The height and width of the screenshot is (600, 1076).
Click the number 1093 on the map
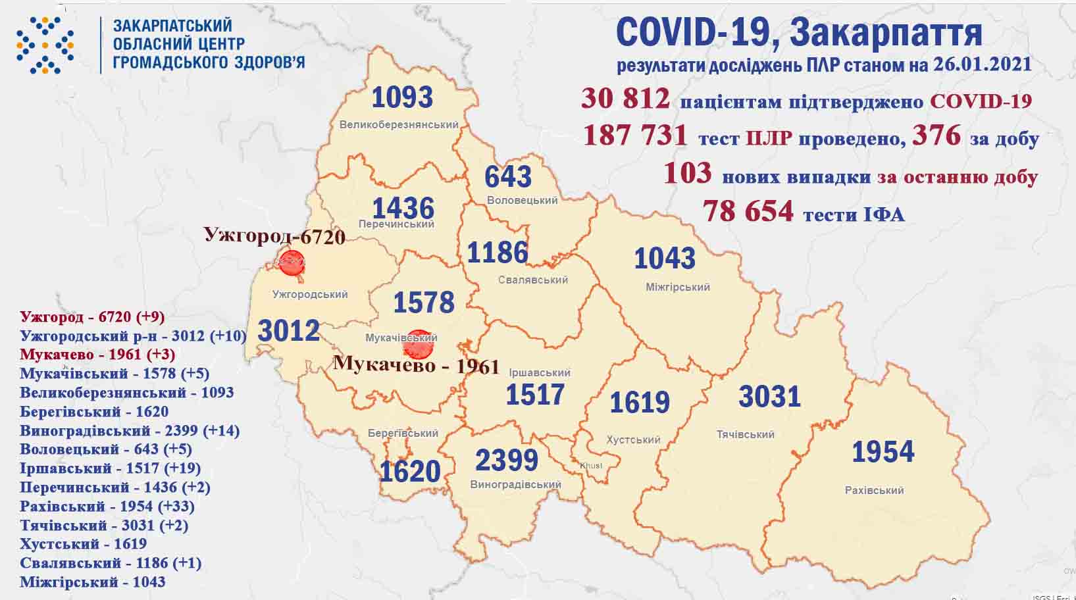click(402, 97)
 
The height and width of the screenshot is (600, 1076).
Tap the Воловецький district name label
click(523, 200)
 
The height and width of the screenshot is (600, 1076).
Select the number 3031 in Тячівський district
click(769, 397)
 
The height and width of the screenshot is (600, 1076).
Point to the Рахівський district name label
click(874, 490)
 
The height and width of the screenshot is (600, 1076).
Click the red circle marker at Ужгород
click(290, 262)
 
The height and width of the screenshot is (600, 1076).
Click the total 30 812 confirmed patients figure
click(625, 99)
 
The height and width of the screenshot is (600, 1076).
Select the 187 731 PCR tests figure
click(635, 136)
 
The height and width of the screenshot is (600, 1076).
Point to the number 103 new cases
click(687, 174)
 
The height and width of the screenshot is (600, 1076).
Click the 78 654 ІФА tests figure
click(748, 211)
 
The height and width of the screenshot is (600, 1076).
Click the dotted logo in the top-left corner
click(45, 45)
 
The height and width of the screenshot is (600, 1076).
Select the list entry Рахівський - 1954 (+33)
click(107, 507)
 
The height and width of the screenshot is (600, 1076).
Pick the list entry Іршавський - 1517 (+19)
click(110, 468)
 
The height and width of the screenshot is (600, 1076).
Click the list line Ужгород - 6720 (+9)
click(92, 317)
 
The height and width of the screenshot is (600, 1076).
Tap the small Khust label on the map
click(590, 466)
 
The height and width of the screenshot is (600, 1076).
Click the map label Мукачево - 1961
click(416, 364)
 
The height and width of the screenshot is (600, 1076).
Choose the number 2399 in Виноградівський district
click(506, 461)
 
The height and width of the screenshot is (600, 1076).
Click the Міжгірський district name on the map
click(677, 287)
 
